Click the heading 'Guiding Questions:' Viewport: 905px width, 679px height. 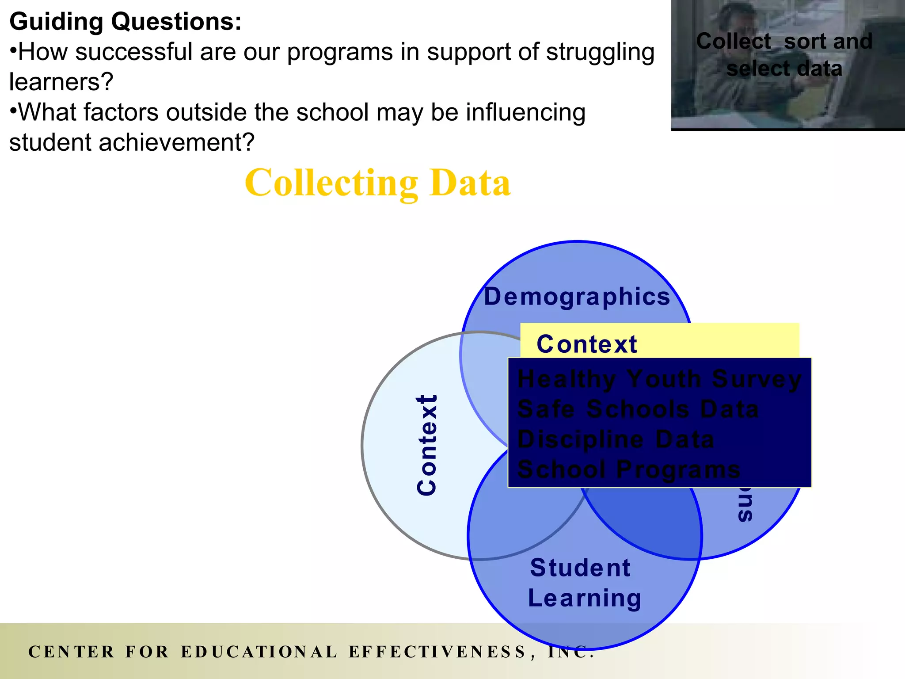[x=125, y=22]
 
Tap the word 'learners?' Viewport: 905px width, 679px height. [x=61, y=82]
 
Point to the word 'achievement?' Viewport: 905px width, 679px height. [x=176, y=142]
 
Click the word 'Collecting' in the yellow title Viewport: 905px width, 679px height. [x=331, y=183]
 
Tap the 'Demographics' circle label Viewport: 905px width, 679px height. [x=577, y=297]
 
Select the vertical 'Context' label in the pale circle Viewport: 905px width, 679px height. [x=427, y=445]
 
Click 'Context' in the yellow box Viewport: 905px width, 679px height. [x=587, y=344]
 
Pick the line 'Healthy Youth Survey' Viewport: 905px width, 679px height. [x=659, y=379]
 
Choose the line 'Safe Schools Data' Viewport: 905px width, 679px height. [x=638, y=409]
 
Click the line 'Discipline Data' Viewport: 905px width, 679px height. [x=616, y=439]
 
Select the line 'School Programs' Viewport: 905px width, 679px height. [x=628, y=469]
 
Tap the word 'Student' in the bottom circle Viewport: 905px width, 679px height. [x=580, y=568]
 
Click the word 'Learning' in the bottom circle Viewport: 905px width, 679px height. [x=584, y=598]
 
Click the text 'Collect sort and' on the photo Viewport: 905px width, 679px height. [x=784, y=42]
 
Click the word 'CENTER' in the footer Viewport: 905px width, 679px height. [x=71, y=652]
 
